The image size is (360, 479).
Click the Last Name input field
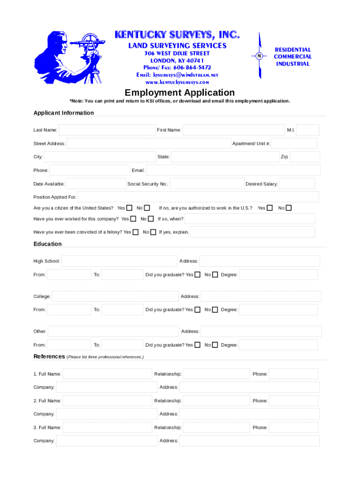click(107, 130)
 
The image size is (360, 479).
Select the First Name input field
click(233, 130)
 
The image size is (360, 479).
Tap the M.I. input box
click(308, 130)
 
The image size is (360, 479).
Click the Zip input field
click(305, 157)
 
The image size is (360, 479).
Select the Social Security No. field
click(207, 184)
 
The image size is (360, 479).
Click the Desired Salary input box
click(297, 184)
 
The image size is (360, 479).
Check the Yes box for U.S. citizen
click(129, 208)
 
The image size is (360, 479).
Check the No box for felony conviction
click(153, 232)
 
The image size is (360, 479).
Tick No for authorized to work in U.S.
click(289, 208)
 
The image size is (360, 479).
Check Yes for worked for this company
click(133, 219)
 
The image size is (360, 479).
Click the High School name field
click(119, 261)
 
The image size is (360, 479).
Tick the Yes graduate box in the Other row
click(197, 345)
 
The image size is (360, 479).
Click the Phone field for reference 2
click(294, 401)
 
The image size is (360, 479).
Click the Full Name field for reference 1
click(108, 374)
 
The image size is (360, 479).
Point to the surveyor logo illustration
click(69, 57)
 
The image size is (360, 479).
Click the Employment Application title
click(180, 93)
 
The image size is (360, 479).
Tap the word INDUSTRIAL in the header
click(293, 64)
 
